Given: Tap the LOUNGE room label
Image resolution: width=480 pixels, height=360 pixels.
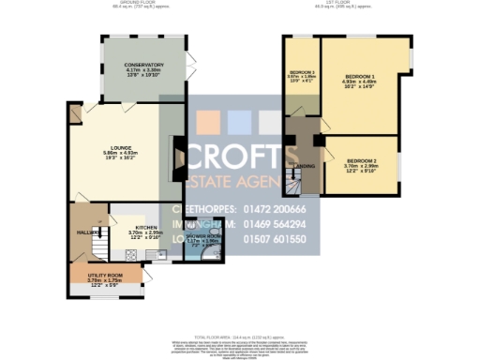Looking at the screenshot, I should pyautogui.click(x=119, y=146).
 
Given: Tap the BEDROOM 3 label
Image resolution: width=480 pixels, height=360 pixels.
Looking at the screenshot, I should pyautogui.click(x=301, y=73).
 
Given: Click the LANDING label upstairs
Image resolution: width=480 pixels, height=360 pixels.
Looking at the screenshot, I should pyautogui.click(x=305, y=166).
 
